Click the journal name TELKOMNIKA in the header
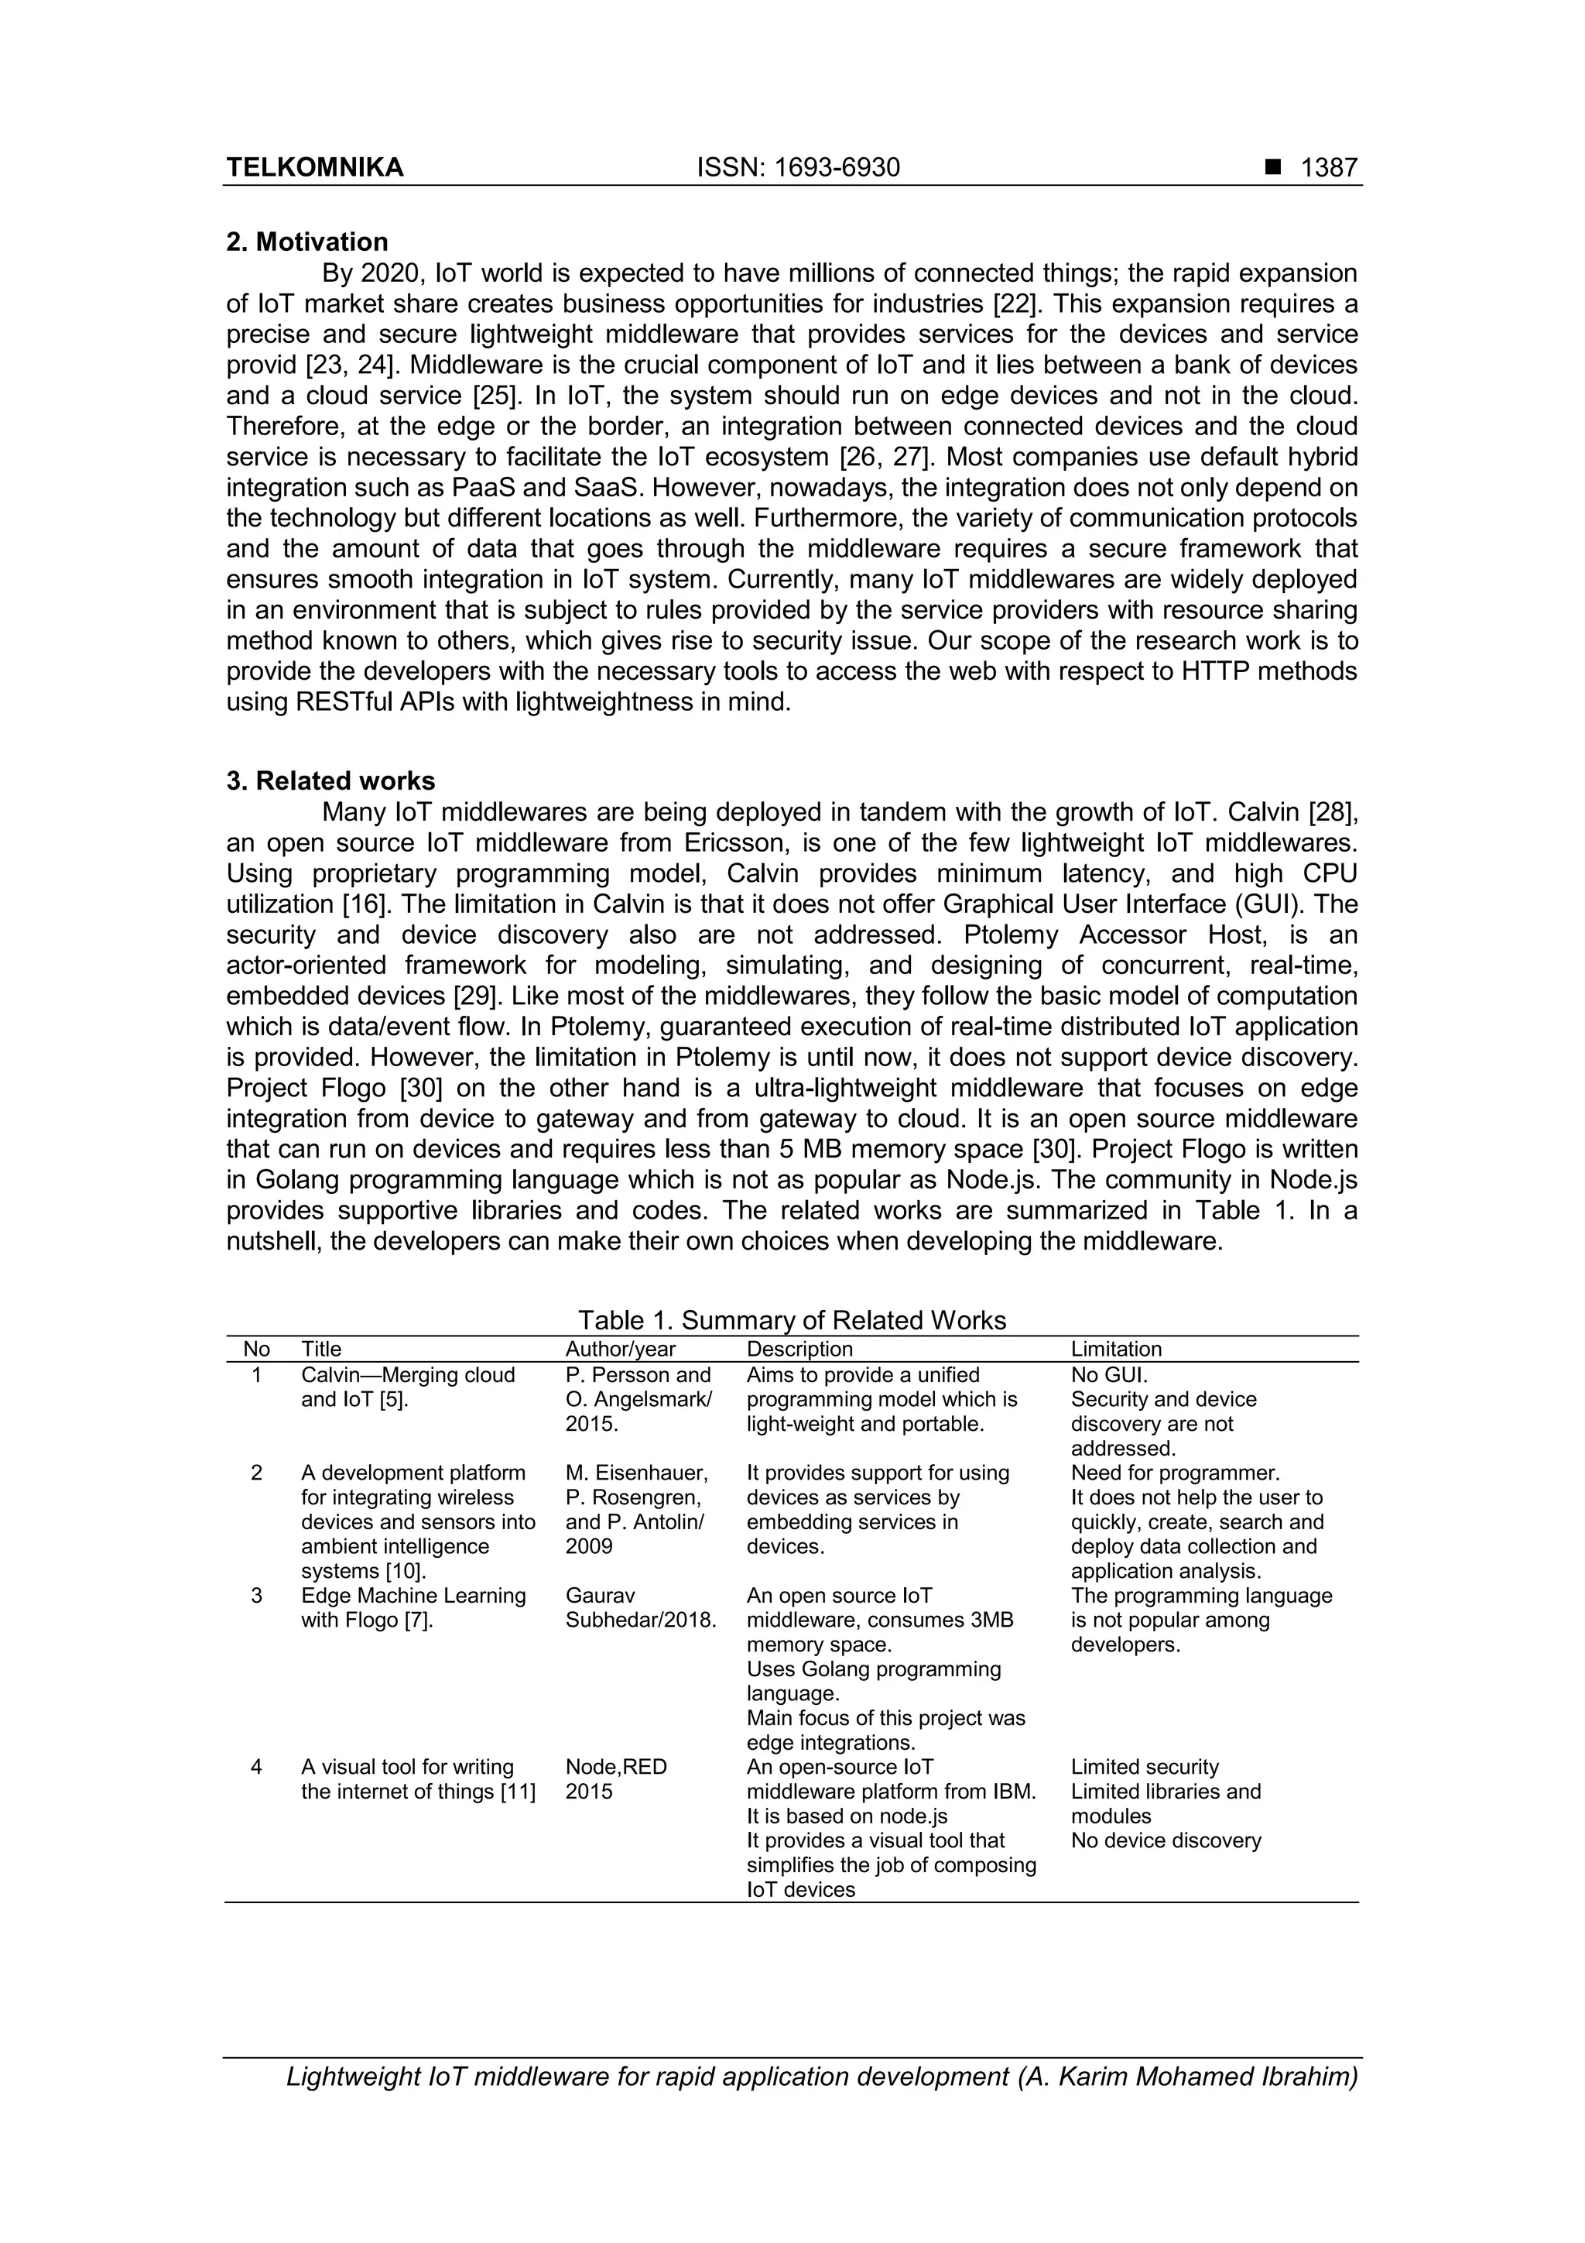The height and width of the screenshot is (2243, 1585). click(x=314, y=168)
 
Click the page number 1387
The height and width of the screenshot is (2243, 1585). click(x=1329, y=168)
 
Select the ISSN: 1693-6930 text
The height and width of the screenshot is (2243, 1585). click(x=798, y=168)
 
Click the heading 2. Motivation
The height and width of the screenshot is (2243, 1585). click(x=306, y=242)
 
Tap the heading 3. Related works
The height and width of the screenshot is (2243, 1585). click(x=330, y=780)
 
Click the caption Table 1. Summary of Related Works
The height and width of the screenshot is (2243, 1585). click(x=791, y=1320)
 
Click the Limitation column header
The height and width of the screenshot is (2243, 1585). click(x=1116, y=1349)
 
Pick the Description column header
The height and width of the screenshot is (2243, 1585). click(x=799, y=1349)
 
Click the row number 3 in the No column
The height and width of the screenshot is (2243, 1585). click(x=256, y=1595)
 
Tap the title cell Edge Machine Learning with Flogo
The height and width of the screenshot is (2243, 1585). click(x=413, y=1607)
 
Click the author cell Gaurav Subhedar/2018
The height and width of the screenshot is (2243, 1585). click(x=640, y=1607)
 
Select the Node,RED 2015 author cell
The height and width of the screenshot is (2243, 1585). click(x=615, y=1779)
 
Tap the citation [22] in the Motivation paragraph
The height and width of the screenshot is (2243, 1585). click(x=1015, y=304)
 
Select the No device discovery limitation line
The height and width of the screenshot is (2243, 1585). click(x=1166, y=1840)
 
